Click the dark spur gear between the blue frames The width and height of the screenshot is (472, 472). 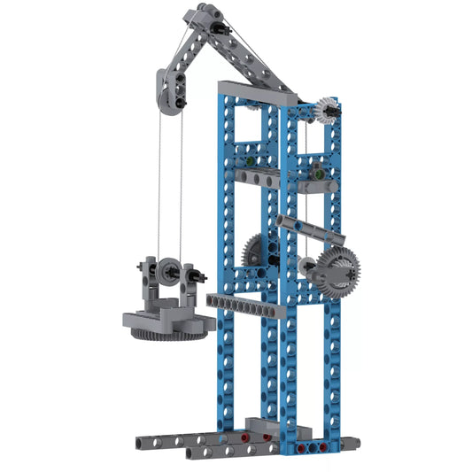click(x=258, y=250)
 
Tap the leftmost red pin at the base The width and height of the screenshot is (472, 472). click(x=244, y=438)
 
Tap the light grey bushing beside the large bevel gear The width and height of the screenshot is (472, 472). click(x=306, y=266)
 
